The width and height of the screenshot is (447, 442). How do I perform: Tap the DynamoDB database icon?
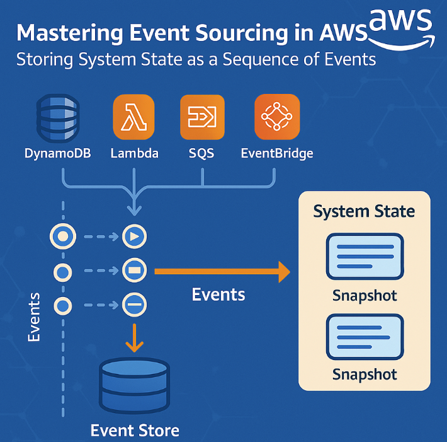[58, 118]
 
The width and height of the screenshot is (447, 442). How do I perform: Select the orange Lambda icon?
[133, 118]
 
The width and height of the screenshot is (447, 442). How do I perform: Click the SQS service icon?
[201, 118]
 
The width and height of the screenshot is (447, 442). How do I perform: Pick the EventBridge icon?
[276, 118]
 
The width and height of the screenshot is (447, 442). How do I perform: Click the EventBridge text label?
[276, 153]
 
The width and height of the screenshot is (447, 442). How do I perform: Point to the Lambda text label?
[133, 153]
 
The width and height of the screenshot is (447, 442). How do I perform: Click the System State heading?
[364, 211]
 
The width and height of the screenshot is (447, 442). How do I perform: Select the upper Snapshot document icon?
[365, 257]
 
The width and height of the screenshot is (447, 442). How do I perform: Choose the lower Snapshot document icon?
[365, 337]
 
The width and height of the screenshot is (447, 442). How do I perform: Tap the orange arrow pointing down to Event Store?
[134, 339]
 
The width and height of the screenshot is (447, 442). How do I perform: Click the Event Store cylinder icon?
[134, 385]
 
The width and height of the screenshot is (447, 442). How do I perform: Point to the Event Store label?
[134, 431]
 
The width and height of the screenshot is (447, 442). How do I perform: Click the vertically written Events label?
[34, 317]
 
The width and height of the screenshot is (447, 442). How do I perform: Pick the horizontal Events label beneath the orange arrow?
[218, 294]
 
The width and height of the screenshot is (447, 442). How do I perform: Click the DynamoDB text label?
[58, 153]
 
